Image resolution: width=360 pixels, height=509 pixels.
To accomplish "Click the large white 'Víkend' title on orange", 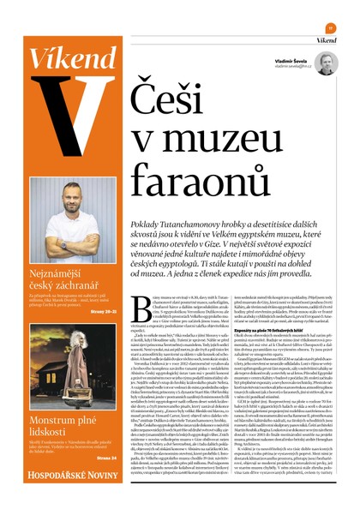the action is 69,58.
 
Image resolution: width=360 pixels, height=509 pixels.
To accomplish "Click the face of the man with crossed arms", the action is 69,195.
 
